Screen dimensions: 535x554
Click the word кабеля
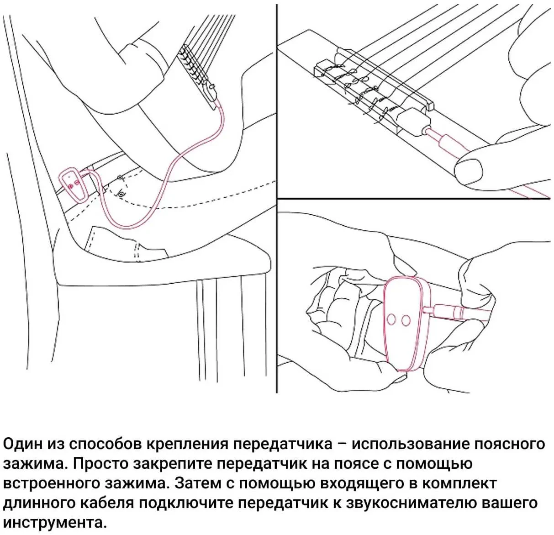coord(108,503)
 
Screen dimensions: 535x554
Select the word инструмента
coord(52,523)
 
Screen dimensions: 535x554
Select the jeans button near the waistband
coord(121,195)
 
